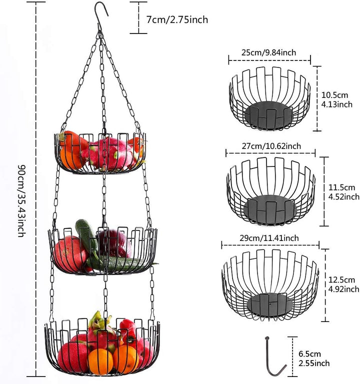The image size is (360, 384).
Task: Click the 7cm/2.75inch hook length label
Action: tap(177, 19)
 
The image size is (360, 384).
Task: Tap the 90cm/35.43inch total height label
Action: tap(21, 200)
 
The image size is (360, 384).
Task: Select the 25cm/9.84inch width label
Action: tap(268, 52)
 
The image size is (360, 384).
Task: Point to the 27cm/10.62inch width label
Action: tap(271, 146)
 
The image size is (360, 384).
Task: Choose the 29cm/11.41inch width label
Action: tap(269, 238)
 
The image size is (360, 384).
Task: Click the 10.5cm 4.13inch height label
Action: tap(336, 99)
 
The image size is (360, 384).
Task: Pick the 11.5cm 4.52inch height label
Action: tap(343, 192)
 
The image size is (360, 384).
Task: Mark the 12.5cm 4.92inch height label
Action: tap(343, 284)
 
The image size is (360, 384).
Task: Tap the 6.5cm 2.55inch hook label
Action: tap(314, 358)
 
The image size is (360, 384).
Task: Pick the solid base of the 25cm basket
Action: tap(268, 115)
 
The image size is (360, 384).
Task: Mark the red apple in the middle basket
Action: tap(69, 253)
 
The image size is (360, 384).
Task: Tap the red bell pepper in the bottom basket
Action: tap(129, 329)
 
